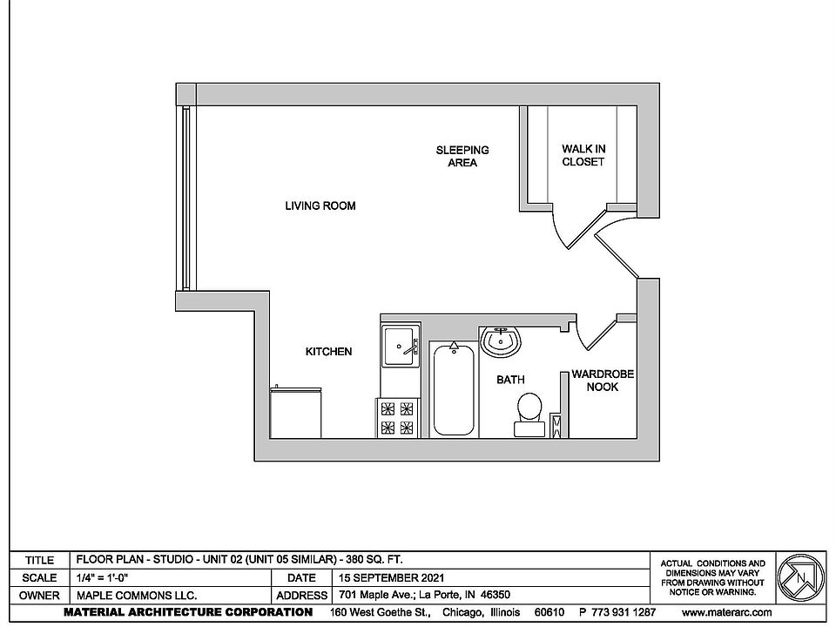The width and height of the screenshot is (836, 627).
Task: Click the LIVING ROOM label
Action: click(320, 206)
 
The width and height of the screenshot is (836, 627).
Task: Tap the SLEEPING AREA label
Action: click(462, 156)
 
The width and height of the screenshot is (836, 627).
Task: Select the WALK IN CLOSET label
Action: click(583, 156)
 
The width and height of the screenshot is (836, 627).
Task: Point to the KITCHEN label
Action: click(328, 352)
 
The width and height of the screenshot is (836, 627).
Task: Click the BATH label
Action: click(509, 380)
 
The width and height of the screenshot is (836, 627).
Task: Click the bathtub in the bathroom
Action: click(454, 388)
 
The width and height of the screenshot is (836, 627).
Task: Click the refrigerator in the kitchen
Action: click(296, 412)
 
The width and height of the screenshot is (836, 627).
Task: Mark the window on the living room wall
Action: click(185, 199)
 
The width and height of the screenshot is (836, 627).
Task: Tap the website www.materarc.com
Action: click(727, 612)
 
